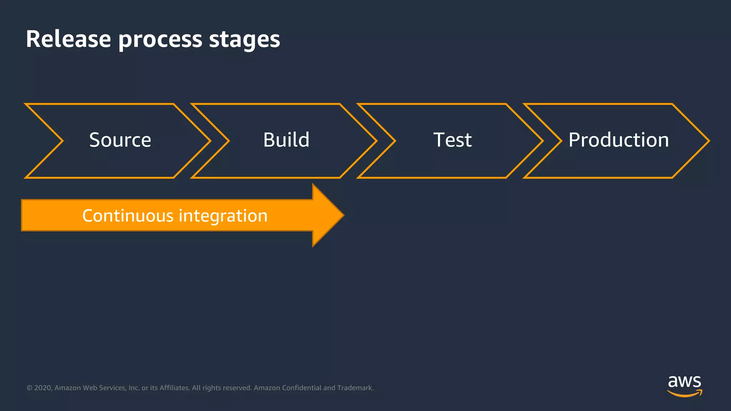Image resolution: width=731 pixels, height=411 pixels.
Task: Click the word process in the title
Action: tap(160, 40)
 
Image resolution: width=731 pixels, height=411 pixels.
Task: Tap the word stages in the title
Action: tap(244, 40)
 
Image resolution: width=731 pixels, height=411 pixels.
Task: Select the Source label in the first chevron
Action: tap(120, 140)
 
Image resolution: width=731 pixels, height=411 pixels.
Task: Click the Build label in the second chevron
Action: tap(286, 140)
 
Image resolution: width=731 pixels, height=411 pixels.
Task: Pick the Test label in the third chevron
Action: tap(452, 140)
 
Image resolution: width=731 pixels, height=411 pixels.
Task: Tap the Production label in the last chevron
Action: tap(619, 140)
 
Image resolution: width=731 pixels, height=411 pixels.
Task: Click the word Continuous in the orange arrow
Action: tap(128, 215)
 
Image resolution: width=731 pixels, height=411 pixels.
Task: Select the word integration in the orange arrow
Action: tap(223, 216)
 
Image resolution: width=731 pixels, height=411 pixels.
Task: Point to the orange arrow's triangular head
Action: tap(327, 215)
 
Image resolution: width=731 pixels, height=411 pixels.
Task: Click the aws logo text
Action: tap(684, 382)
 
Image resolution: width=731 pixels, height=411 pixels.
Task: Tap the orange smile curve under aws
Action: tap(684, 394)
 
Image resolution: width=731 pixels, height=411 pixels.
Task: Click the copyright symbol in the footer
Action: tap(30, 388)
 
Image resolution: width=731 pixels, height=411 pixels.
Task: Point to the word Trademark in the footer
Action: tap(355, 388)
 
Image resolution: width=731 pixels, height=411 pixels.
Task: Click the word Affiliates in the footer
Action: tap(174, 388)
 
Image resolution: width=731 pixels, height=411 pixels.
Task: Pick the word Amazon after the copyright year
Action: tap(67, 388)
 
